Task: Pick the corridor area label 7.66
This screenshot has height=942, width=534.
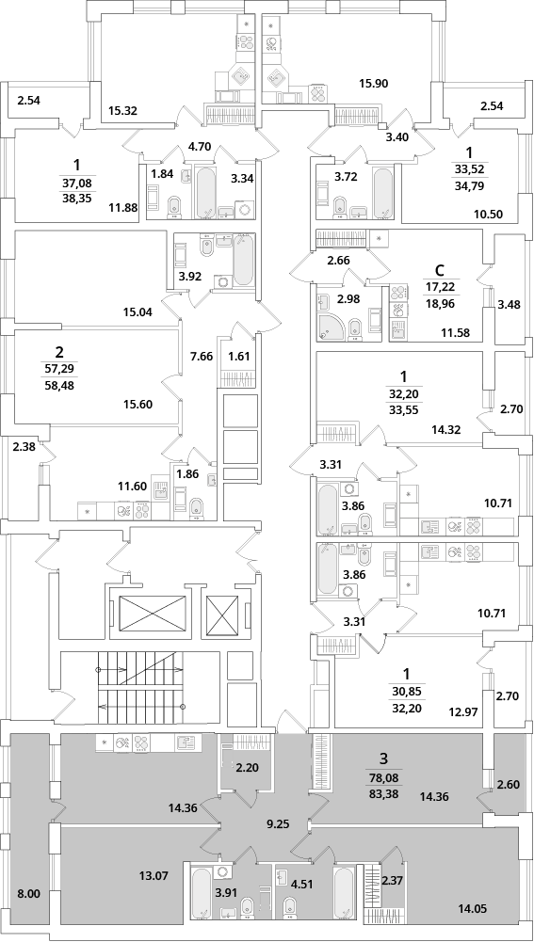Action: pyautogui.click(x=202, y=356)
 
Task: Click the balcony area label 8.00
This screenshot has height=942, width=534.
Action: pyautogui.click(x=28, y=895)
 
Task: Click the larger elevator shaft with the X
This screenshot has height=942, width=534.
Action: pyautogui.click(x=153, y=613)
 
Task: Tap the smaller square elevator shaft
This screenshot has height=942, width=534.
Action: pyautogui.click(x=223, y=613)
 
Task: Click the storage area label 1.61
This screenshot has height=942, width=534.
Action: pyautogui.click(x=238, y=356)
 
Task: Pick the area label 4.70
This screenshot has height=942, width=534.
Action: pyautogui.click(x=200, y=145)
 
